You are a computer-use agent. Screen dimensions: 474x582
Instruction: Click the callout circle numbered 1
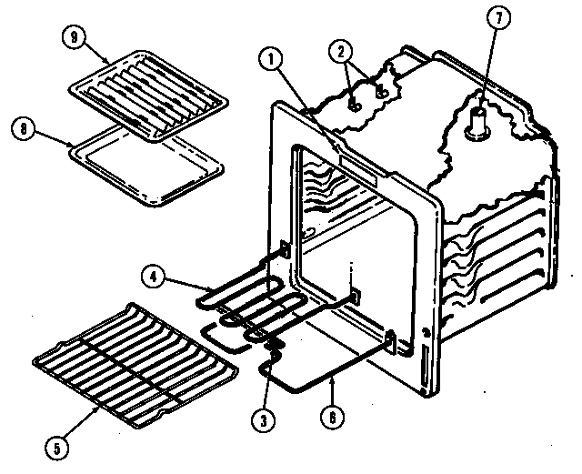point(268,60)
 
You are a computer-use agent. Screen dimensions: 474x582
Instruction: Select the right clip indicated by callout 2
point(383,92)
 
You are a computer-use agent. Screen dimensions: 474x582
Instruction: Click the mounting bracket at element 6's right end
point(390,340)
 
